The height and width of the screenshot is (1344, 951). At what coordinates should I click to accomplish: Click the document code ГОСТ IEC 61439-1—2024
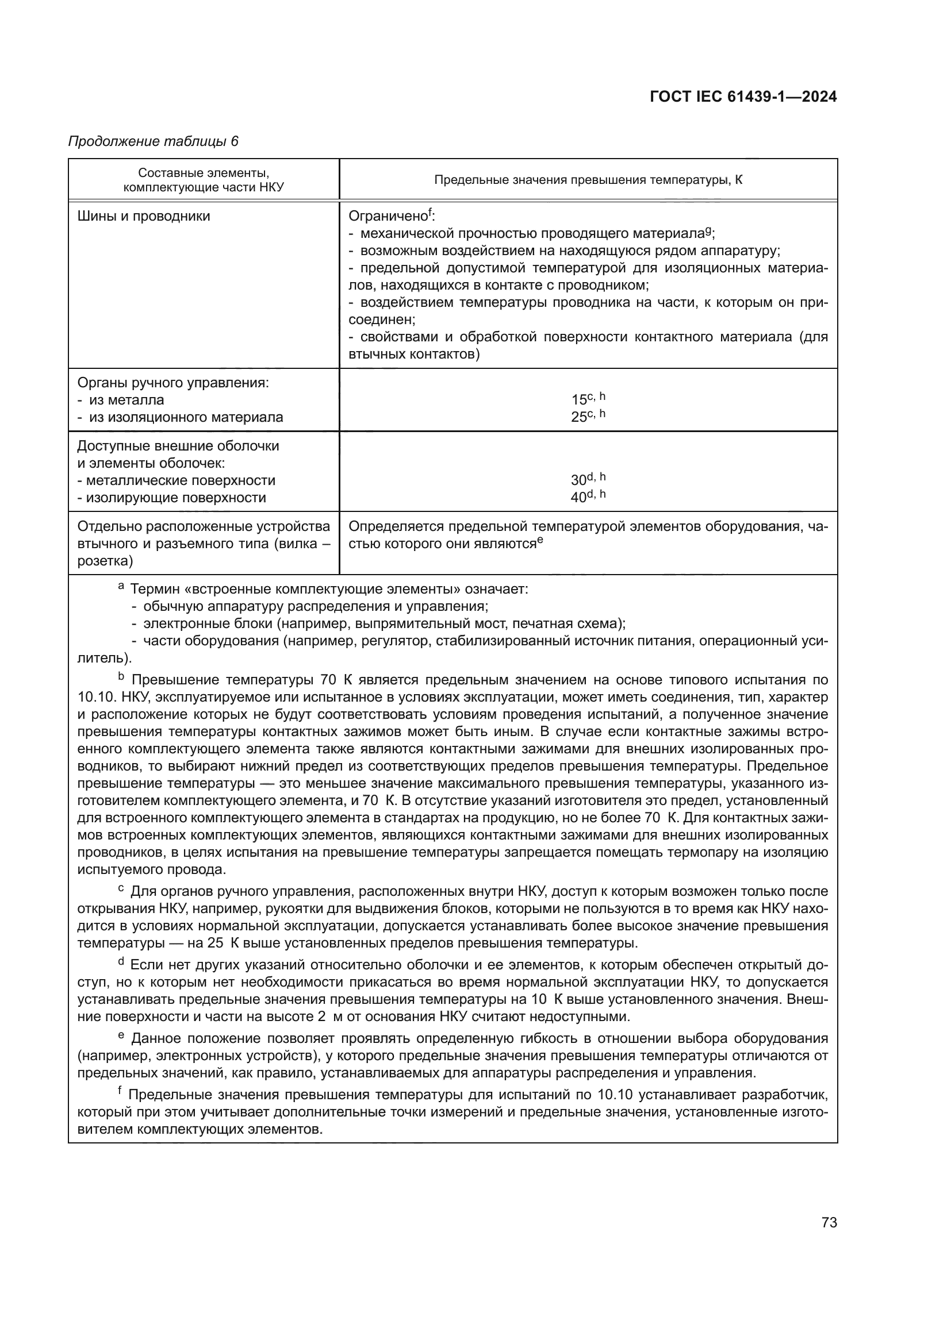tap(742, 97)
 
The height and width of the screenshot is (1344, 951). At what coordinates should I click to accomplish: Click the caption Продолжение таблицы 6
tap(154, 142)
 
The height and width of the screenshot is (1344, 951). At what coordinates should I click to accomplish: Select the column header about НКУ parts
tap(203, 180)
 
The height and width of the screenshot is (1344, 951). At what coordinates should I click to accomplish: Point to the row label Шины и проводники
tap(144, 216)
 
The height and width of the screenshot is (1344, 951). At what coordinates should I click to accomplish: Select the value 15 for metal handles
tap(578, 400)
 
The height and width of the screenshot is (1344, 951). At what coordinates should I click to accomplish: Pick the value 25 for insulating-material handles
tap(578, 417)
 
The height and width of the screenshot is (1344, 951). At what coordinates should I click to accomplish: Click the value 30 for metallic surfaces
tap(578, 480)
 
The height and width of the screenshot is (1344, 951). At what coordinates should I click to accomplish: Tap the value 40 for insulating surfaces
tap(578, 498)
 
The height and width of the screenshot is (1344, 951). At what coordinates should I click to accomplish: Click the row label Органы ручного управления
tap(172, 383)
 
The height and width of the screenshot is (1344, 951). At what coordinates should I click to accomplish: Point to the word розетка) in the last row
tap(105, 561)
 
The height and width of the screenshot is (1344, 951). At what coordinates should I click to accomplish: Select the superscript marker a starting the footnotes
tap(121, 586)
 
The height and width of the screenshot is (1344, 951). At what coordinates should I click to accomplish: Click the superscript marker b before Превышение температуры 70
tap(122, 677)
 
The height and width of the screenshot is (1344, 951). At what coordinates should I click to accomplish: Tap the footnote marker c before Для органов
tap(121, 888)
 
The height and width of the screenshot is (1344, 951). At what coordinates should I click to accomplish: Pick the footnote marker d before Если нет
tap(122, 961)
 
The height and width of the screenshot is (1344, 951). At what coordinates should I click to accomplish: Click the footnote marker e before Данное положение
tap(121, 1035)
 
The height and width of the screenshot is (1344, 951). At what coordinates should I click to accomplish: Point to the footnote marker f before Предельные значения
tap(120, 1091)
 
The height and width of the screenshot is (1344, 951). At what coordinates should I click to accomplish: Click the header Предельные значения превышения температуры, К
tap(588, 180)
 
